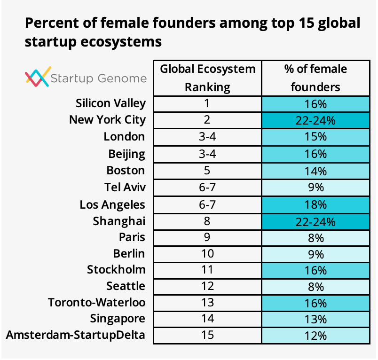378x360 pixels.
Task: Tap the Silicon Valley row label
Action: click(110, 103)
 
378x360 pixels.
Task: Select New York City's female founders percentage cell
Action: click(315, 120)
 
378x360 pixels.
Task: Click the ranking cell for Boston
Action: click(207, 171)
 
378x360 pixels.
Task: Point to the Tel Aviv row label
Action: click(125, 188)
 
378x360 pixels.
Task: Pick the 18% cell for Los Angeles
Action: click(315, 204)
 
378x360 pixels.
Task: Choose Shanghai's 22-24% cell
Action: click(315, 221)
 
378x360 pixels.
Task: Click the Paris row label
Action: click(133, 237)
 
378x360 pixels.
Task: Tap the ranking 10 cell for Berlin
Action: click(207, 254)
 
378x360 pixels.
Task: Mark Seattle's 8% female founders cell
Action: click(315, 287)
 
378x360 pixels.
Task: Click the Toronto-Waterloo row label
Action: click(97, 302)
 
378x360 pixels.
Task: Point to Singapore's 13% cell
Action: click(315, 319)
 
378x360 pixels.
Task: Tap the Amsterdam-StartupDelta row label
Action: click(75, 335)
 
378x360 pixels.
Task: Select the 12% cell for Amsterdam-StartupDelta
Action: click(315, 336)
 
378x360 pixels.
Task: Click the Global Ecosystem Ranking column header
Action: click(207, 78)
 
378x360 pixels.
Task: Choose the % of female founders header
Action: click(315, 78)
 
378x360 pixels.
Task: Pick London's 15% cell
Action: click(315, 137)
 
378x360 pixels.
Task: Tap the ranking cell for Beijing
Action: click(207, 154)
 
